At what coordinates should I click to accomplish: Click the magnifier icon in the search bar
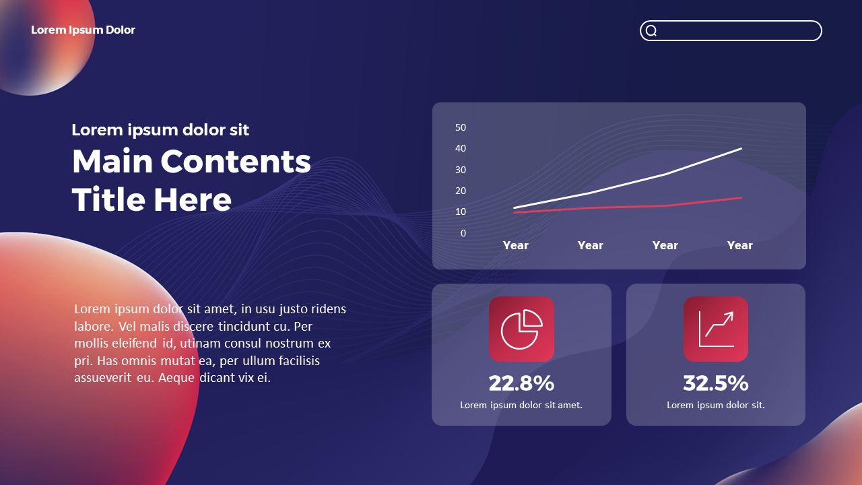pos(651,30)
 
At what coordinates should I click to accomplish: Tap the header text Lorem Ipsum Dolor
pos(83,30)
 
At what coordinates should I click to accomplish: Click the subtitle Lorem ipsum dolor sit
pos(160,130)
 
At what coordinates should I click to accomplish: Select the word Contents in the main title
pos(236,161)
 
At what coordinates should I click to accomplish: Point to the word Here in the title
pos(193,199)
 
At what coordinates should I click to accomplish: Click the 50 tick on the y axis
pos(461,127)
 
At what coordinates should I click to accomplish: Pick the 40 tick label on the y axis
pos(461,149)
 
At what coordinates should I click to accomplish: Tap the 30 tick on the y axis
pos(461,170)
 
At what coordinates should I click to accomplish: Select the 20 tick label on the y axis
pos(461,191)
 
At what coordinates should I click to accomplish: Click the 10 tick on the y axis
pos(461,212)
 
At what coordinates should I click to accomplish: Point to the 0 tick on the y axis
pos(463,233)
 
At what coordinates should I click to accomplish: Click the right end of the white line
pos(741,149)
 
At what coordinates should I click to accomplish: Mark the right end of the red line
pos(741,198)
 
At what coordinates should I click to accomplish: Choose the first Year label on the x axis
pos(516,246)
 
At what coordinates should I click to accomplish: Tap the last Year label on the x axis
pos(739,246)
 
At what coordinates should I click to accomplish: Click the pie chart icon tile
pos(521,329)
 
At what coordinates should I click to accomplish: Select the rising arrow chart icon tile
pos(716,329)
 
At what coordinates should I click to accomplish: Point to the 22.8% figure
pos(521,383)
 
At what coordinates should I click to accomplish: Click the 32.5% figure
pos(716,383)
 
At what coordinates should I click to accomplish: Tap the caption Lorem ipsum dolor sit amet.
pos(521,405)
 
